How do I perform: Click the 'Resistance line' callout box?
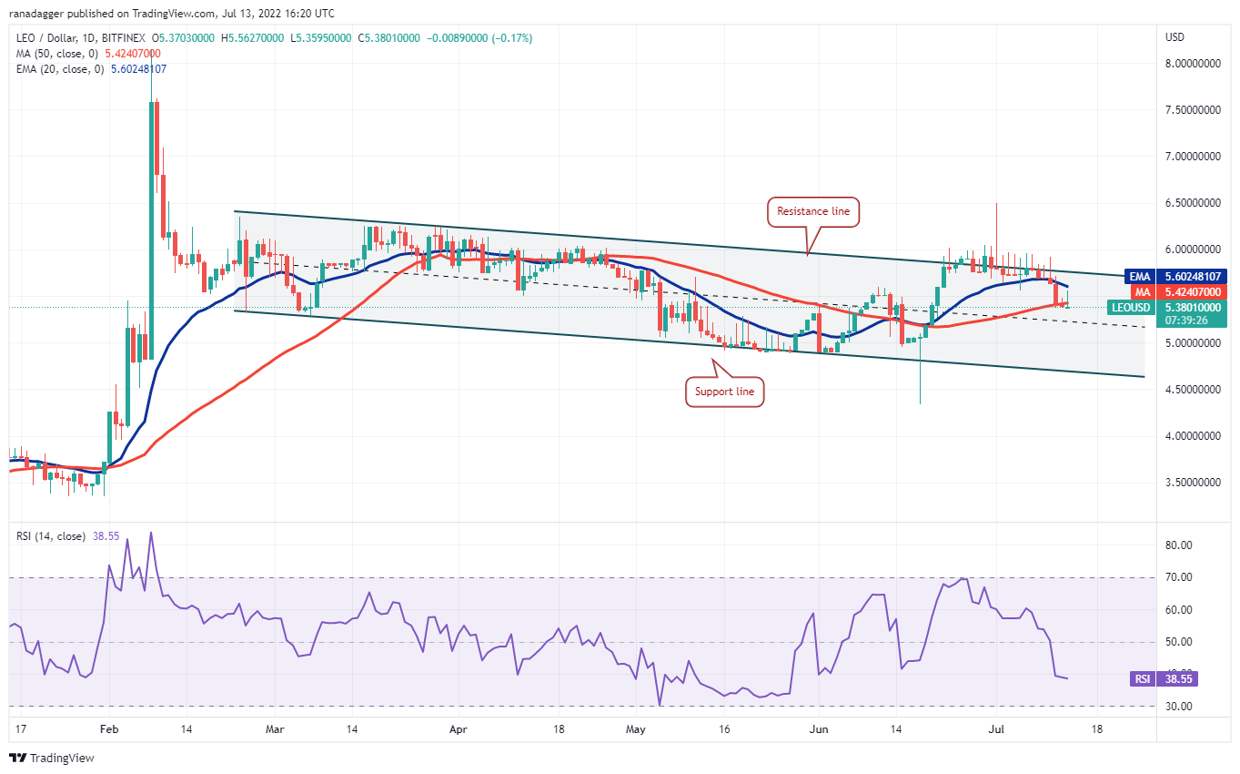[813, 211]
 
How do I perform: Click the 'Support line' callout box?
[725, 391]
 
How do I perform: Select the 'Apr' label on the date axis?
[459, 729]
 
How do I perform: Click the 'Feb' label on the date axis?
[108, 729]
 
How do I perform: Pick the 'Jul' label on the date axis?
[995, 729]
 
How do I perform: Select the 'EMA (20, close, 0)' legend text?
[55, 69]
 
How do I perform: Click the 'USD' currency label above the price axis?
[1174, 37]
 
